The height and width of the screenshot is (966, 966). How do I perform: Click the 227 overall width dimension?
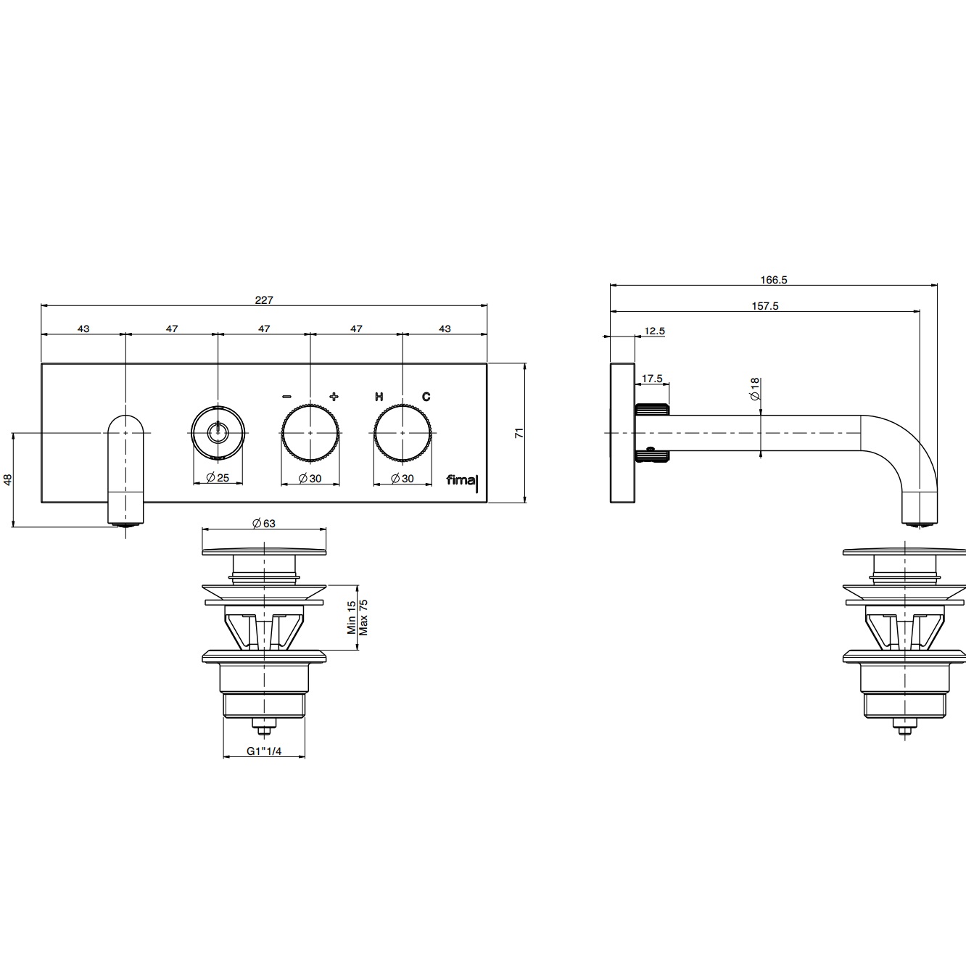tap(264, 300)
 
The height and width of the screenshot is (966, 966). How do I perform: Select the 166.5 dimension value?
tap(774, 280)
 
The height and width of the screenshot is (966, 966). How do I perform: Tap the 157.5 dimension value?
tap(765, 306)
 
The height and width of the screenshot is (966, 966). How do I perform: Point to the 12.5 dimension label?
tap(654, 331)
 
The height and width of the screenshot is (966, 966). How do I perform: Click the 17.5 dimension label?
tap(652, 379)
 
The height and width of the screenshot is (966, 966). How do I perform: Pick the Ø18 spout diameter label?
tap(755, 389)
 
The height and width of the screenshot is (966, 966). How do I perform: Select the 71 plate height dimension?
tap(519, 433)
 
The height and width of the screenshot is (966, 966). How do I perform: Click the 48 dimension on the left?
tap(7, 480)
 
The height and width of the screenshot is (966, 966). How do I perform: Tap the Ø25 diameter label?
tap(218, 478)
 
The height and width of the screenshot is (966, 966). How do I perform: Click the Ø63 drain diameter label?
tap(264, 524)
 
